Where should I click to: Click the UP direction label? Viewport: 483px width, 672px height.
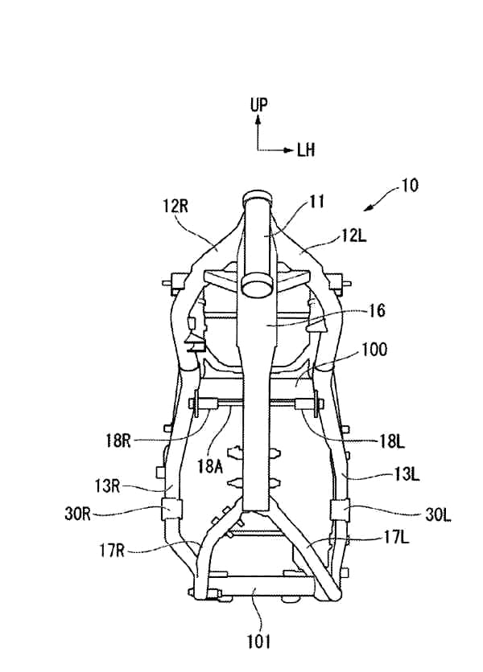tap(258, 104)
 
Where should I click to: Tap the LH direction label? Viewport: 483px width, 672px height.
tap(307, 150)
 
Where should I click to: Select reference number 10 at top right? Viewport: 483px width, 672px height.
tap(408, 184)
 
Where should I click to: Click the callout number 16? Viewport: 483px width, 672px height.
tap(377, 309)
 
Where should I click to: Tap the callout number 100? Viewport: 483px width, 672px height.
tap(374, 350)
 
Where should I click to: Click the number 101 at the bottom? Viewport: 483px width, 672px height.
tap(258, 641)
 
